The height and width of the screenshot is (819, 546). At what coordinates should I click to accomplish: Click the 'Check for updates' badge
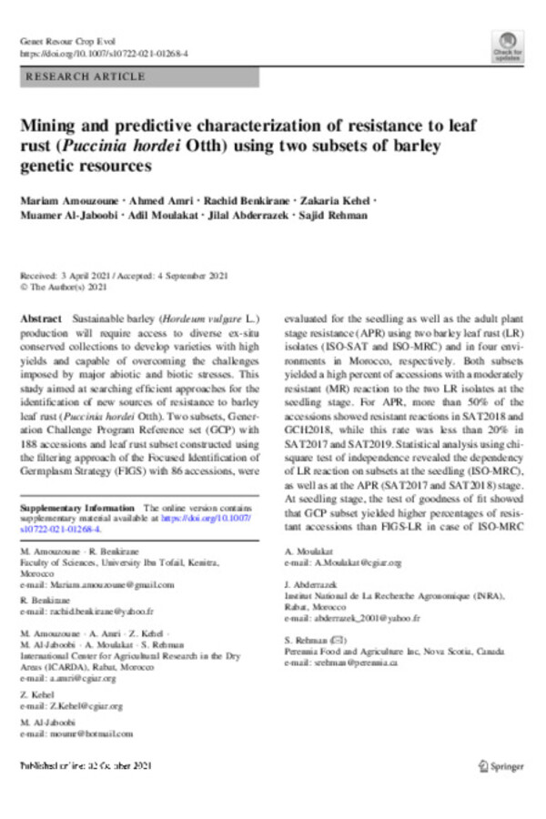point(507,46)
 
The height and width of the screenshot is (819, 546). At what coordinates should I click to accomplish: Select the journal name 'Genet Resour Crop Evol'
point(60,42)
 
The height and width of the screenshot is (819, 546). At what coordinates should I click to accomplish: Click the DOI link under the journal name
point(104,54)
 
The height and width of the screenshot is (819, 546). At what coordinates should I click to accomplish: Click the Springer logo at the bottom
point(500,767)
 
